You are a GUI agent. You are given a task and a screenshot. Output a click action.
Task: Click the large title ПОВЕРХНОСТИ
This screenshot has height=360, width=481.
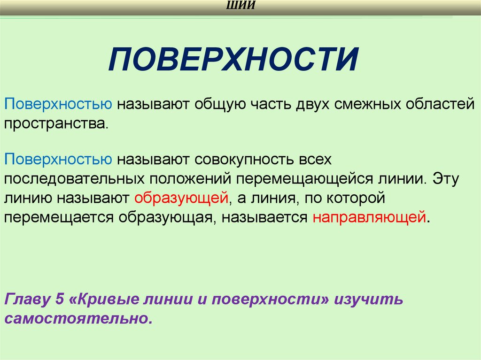[x=233, y=60]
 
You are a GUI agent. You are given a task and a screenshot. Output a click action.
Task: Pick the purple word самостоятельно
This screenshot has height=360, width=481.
[x=78, y=319]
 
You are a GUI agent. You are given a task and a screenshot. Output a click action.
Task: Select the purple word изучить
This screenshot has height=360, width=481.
[x=368, y=299]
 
